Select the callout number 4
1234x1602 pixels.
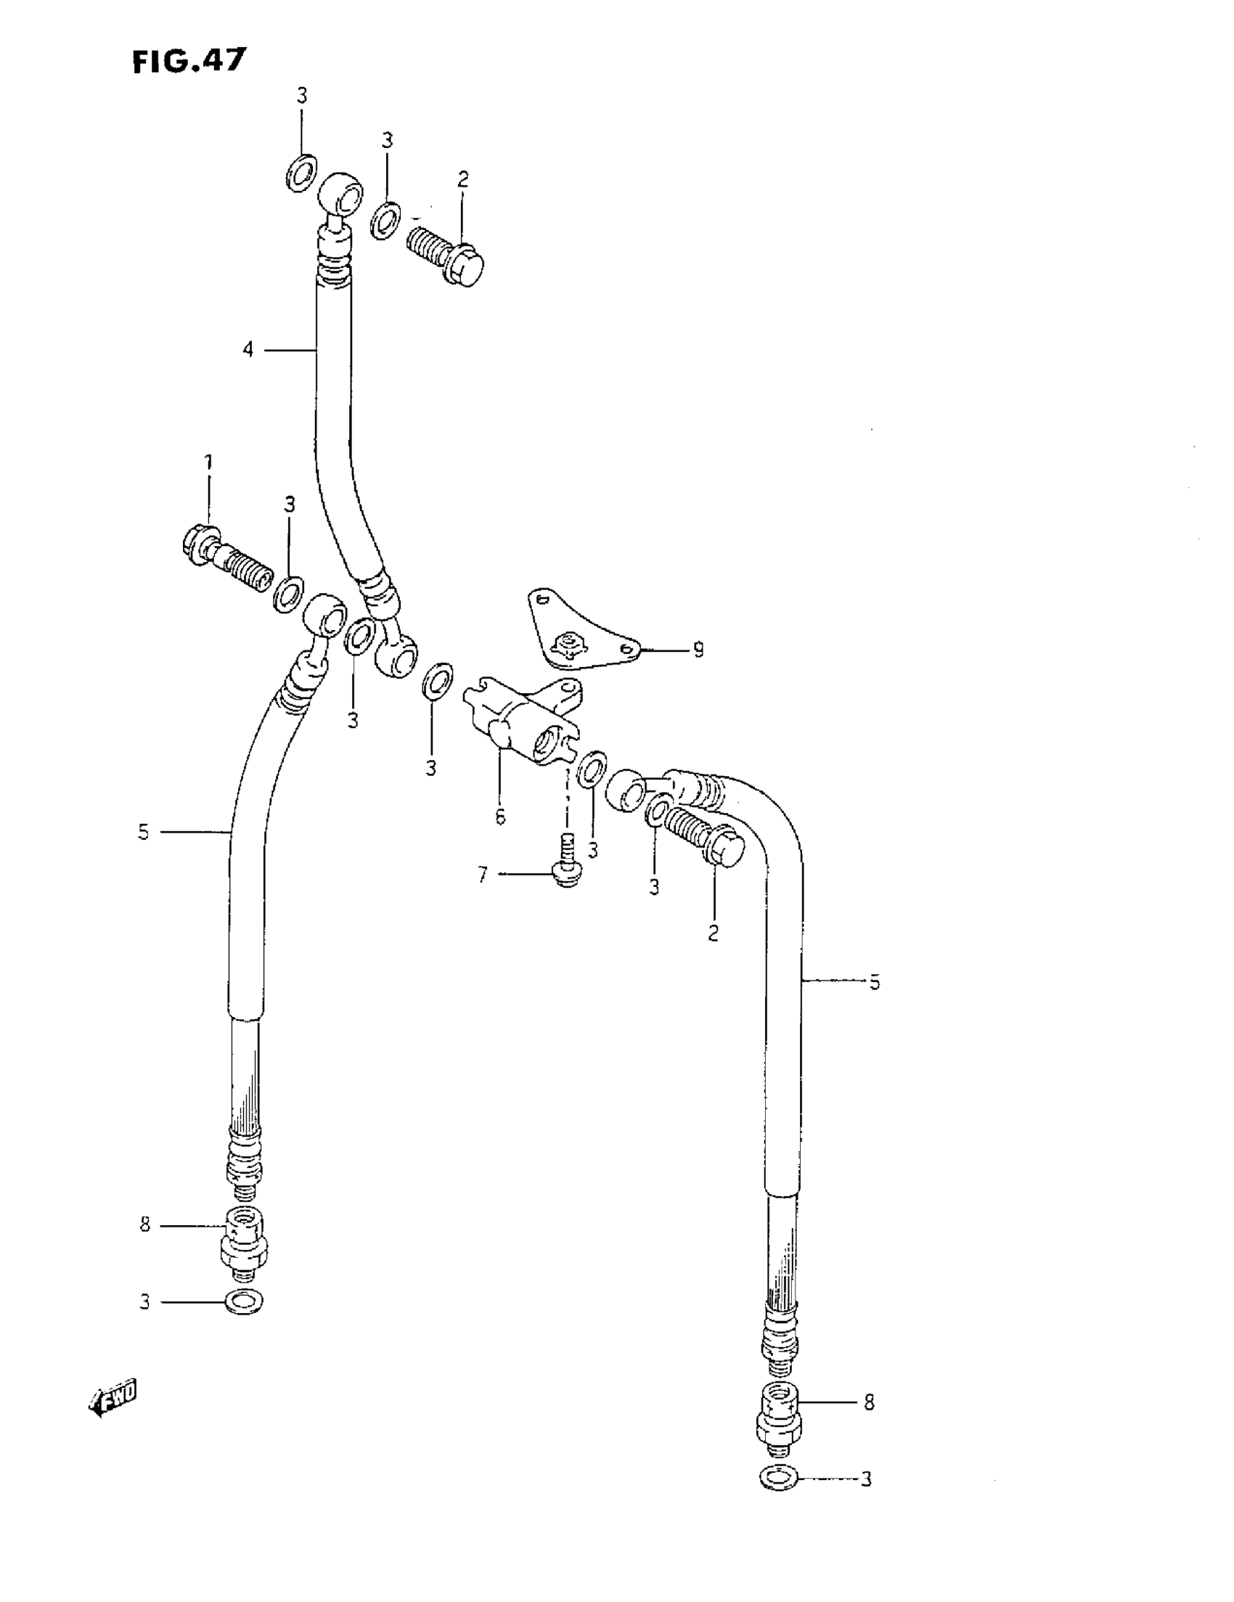point(248,351)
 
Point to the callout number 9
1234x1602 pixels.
point(698,649)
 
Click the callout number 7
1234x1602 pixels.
point(482,875)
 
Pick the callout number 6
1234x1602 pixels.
point(499,817)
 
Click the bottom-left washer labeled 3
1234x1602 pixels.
point(244,1301)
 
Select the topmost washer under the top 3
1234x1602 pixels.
point(301,173)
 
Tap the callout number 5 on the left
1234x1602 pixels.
point(143,832)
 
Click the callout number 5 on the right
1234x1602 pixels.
point(874,982)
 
